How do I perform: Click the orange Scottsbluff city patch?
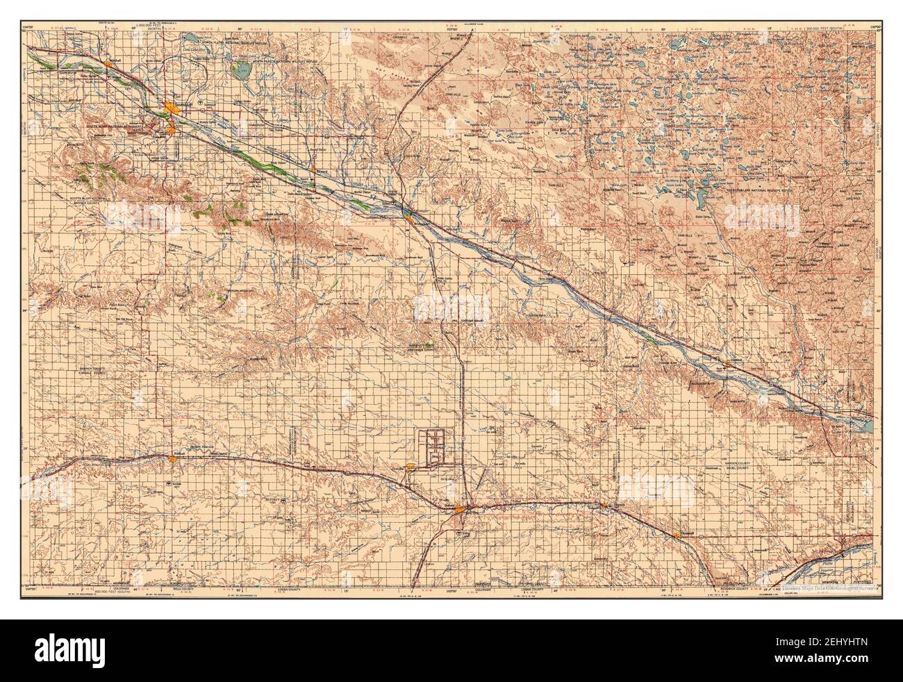pos(171,107)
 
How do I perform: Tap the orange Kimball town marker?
pos(172,458)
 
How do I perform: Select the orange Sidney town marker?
pos(461,513)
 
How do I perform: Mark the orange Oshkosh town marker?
pos(727,363)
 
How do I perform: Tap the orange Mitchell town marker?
pos(109,64)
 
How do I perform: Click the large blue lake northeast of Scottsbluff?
pos(242,70)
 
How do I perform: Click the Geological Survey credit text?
pos(827,587)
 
